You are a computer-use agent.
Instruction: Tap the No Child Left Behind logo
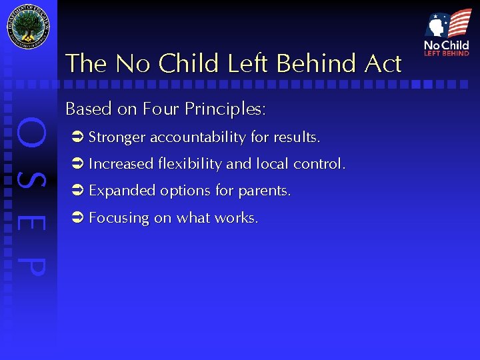point(447,33)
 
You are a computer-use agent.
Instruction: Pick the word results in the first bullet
point(296,138)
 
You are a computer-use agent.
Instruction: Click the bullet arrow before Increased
point(76,164)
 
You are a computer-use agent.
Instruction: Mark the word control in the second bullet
point(319,164)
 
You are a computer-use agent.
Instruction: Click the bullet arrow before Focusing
point(76,218)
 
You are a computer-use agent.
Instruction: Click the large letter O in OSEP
point(31,134)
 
